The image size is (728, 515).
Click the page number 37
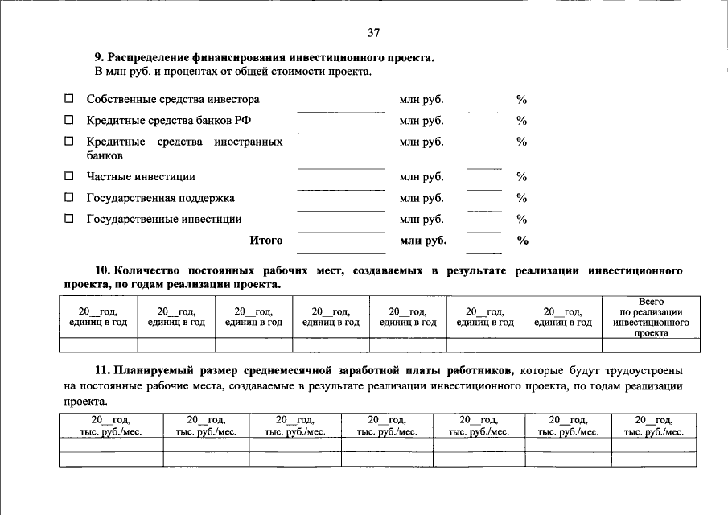pos(373,33)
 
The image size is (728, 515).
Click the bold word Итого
pos(266,240)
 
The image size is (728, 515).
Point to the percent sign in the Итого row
pos(522,240)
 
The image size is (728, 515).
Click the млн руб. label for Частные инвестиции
pos(422,176)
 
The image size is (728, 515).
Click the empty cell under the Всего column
pos(651,345)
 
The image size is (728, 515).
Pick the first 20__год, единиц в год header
pos(98,316)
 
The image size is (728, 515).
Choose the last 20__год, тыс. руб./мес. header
pos(654,426)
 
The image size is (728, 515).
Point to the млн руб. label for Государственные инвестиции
pos(422,219)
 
